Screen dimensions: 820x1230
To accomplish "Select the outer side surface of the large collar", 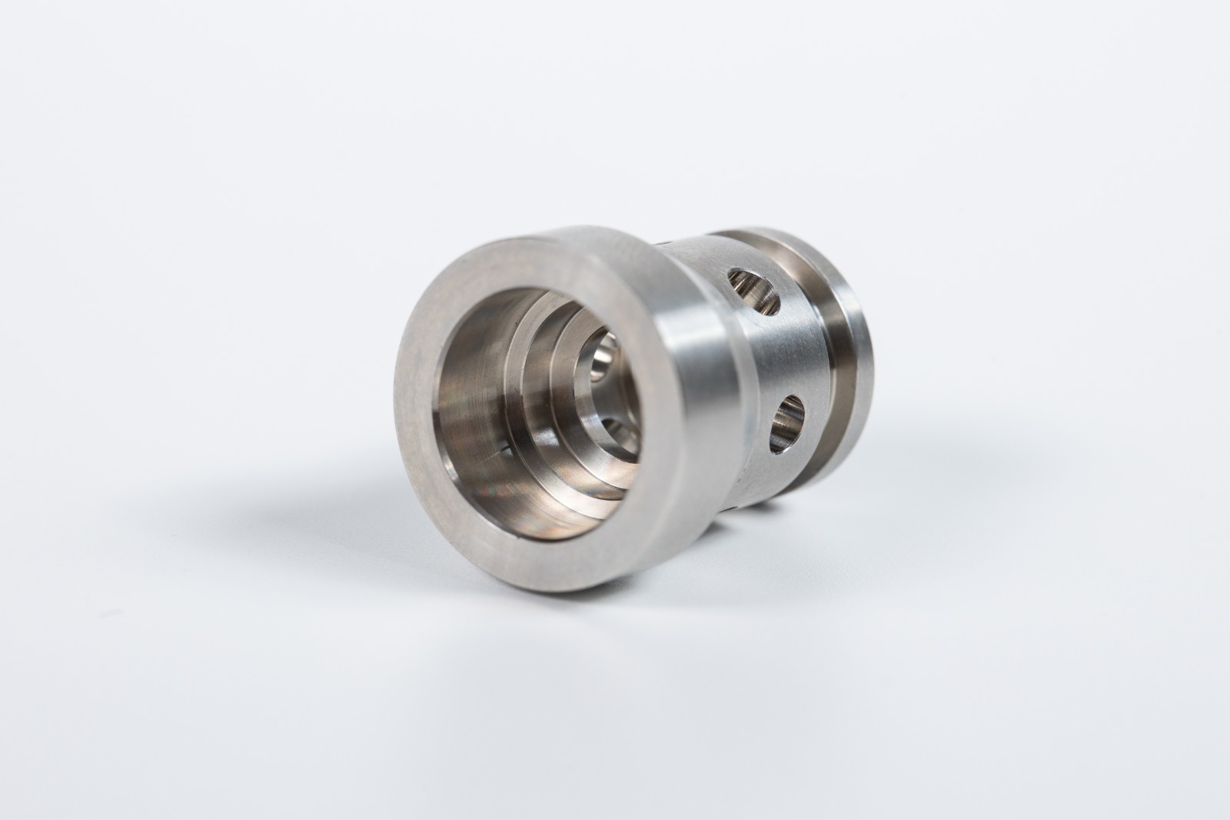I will [684, 400].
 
